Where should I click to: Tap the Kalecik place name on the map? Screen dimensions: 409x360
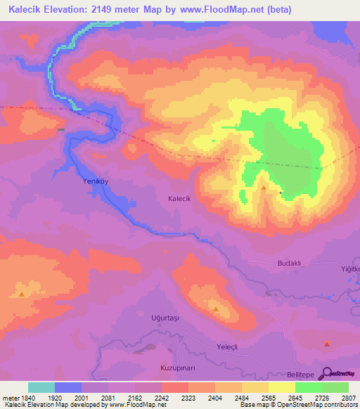click(x=180, y=199)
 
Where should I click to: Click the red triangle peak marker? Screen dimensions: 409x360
click(x=327, y=344)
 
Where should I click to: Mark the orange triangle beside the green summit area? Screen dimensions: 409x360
click(x=264, y=188)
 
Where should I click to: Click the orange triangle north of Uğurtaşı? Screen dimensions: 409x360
click(x=216, y=308)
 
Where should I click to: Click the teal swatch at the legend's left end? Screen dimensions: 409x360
click(x=41, y=387)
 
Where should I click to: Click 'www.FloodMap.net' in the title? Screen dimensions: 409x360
click(x=217, y=10)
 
